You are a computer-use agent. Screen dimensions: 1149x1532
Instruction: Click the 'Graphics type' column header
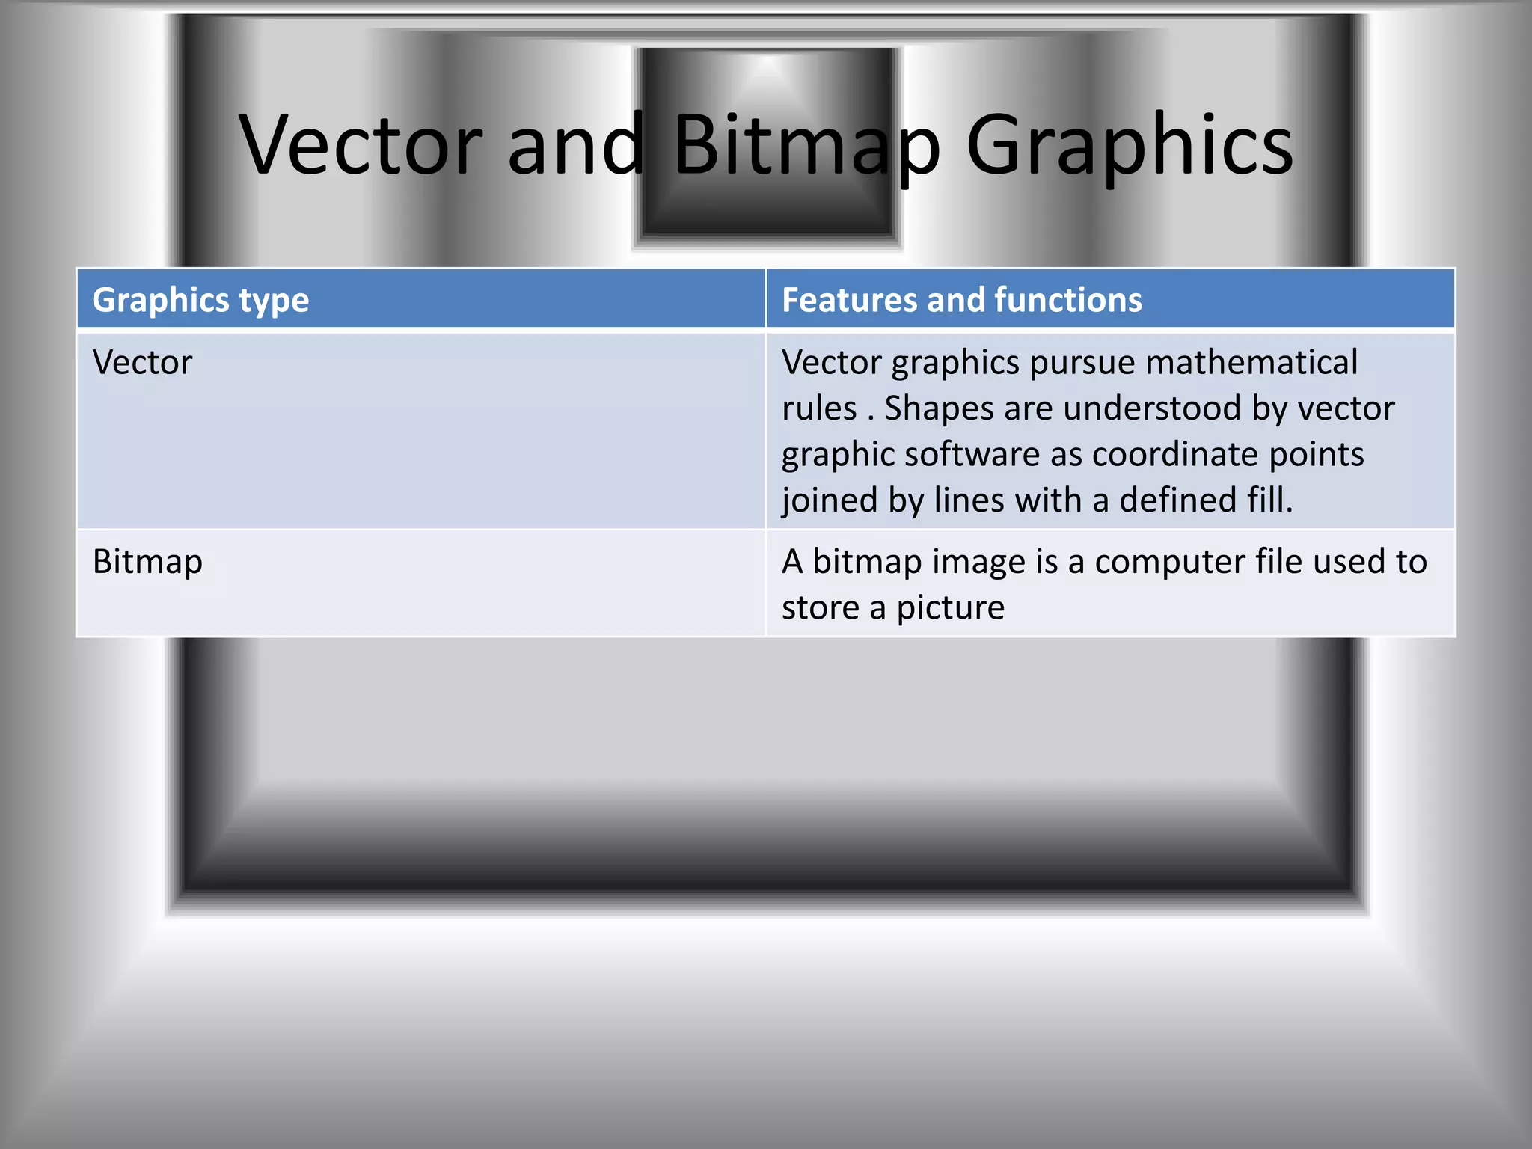(x=200, y=300)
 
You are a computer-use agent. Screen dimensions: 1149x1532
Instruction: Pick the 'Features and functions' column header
(x=961, y=300)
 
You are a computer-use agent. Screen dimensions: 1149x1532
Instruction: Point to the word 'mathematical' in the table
(x=1251, y=363)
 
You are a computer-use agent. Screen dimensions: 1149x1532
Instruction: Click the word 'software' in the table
(x=972, y=455)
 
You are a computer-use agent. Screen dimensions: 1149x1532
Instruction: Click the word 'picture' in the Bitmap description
(x=950, y=608)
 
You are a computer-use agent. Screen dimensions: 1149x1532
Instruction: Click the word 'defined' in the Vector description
(x=1177, y=500)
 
